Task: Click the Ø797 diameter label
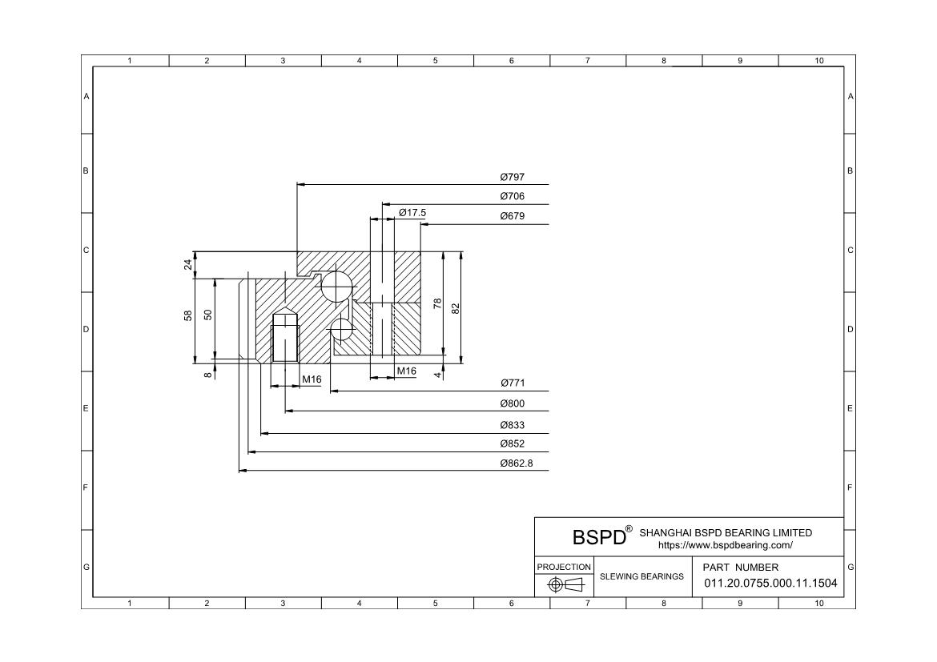(x=512, y=177)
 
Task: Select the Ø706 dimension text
(x=512, y=196)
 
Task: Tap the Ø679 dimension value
(x=512, y=215)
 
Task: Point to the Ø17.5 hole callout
(x=412, y=213)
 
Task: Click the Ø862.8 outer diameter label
(x=517, y=463)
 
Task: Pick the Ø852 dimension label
(x=512, y=443)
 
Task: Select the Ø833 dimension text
(x=512, y=425)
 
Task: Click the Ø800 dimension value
(x=512, y=403)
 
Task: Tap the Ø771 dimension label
(x=512, y=383)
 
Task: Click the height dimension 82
(x=456, y=308)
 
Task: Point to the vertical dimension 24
(x=188, y=264)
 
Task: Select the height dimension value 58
(x=188, y=315)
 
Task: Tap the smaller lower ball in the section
(x=341, y=329)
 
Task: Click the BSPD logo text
(x=599, y=537)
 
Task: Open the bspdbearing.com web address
(x=726, y=545)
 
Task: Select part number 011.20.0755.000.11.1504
(x=770, y=583)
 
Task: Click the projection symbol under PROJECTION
(x=565, y=584)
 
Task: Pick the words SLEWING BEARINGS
(x=641, y=576)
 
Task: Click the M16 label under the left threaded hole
(x=312, y=379)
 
